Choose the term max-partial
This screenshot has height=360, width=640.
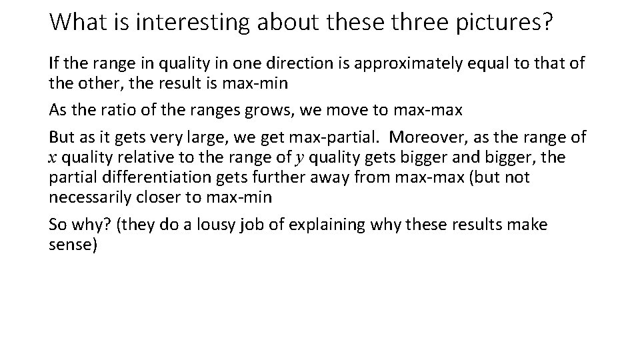pos(338,137)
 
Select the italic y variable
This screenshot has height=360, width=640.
pos(299,158)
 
